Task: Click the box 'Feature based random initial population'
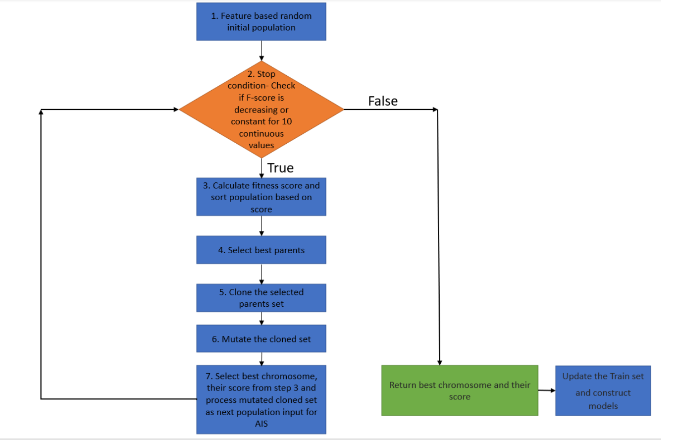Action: click(261, 22)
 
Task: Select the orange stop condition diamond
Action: click(261, 109)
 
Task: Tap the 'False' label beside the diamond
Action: click(382, 101)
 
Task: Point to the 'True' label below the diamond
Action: click(280, 168)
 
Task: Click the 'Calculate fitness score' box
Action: click(261, 197)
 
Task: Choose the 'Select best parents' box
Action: click(261, 250)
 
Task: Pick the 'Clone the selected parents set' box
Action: click(261, 298)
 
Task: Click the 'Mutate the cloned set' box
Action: click(261, 339)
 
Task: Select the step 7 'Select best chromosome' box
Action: click(261, 399)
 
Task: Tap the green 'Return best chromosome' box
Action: click(459, 390)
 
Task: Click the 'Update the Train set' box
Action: click(603, 390)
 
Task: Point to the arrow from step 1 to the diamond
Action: click(261, 51)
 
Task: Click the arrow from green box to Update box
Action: click(546, 390)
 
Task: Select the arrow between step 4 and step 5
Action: click(261, 274)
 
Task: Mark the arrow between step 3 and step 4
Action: click(261, 225)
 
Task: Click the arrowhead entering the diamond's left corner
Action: click(175, 110)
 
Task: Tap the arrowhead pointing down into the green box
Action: click(439, 362)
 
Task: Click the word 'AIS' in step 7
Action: click(261, 424)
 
